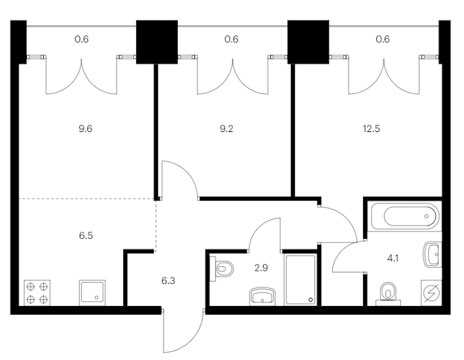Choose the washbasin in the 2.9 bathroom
pos(262,295)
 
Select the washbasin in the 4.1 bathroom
pos(432,255)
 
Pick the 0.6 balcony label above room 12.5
pos(382,40)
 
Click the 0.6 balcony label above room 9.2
pos(231,40)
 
